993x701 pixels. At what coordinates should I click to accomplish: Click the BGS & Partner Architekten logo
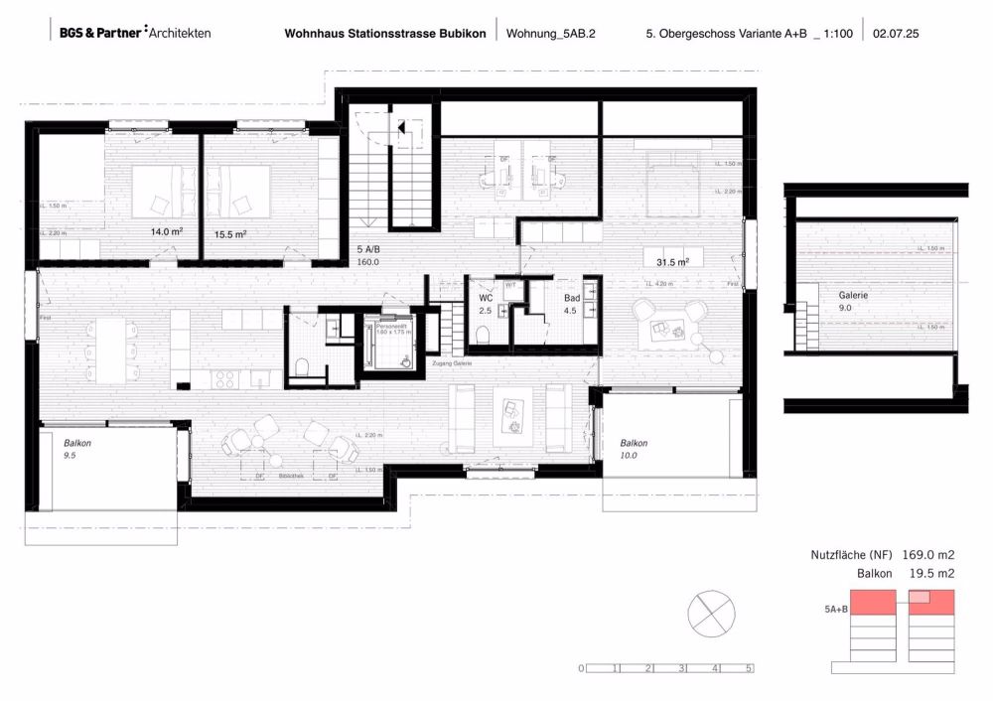[x=134, y=33]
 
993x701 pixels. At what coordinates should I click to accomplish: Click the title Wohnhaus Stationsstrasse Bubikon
[x=385, y=33]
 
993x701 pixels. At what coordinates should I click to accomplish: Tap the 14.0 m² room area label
[x=166, y=232]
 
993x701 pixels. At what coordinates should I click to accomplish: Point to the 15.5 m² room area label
[x=229, y=234]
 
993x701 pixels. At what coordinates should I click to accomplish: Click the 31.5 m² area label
[x=672, y=261]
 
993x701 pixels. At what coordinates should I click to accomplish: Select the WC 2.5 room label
[x=485, y=304]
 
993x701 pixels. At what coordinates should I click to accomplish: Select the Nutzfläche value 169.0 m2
[x=928, y=556]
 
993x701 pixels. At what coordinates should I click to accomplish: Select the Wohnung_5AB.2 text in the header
[x=553, y=33]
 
